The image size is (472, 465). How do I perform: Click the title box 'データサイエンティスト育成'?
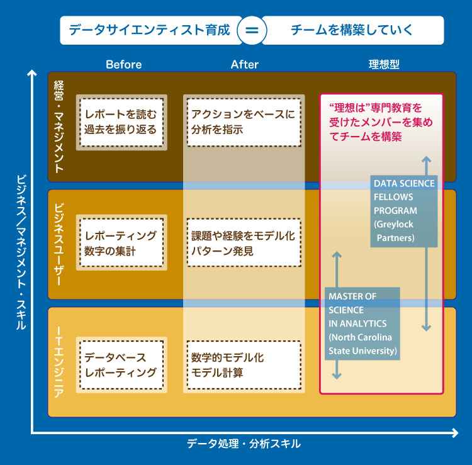click(150, 30)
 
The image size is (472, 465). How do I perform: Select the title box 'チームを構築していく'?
click(352, 30)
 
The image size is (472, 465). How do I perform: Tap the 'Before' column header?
click(123, 64)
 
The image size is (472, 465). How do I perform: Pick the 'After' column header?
click(244, 64)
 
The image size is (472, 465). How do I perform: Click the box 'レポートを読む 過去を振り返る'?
click(121, 123)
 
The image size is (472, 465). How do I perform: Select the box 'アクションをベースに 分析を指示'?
click(244, 123)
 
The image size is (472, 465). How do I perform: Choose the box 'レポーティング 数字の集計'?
click(121, 243)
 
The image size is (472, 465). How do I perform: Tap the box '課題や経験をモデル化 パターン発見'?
click(244, 243)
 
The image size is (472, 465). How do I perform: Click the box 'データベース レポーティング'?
click(121, 365)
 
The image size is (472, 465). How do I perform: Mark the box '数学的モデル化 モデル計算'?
click(244, 365)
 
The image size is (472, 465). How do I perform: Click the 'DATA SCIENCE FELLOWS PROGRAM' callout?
click(403, 211)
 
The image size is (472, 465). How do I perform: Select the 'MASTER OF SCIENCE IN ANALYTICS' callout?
click(362, 323)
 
